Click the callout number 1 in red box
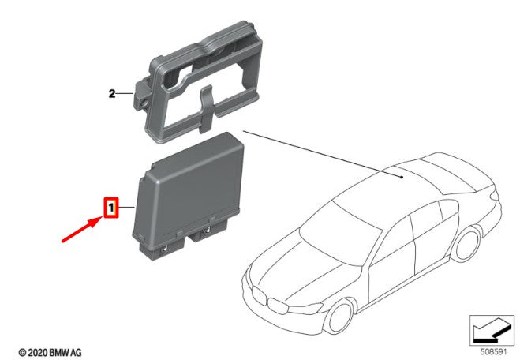(111, 208)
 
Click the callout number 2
(112, 94)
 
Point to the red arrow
(81, 229)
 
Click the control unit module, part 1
(189, 197)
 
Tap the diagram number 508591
(493, 351)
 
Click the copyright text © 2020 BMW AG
(50, 352)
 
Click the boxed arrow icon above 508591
(492, 331)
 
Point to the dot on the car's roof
(402, 177)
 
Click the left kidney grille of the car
(259, 295)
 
